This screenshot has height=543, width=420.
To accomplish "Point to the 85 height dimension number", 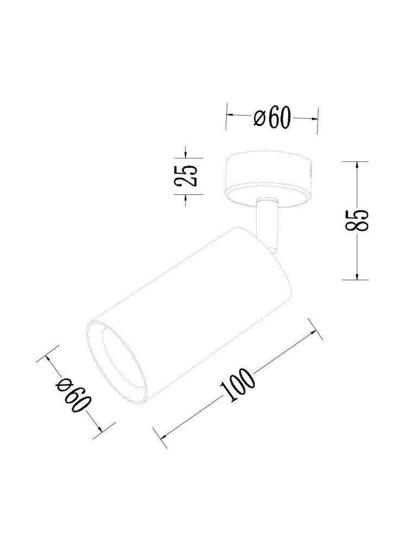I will [359, 220].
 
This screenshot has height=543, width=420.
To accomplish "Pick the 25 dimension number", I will [186, 175].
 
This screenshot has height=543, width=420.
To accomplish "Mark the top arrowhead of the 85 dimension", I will [357, 165].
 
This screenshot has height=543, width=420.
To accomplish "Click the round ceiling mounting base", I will [269, 174].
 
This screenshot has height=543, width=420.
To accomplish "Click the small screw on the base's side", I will [310, 172].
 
